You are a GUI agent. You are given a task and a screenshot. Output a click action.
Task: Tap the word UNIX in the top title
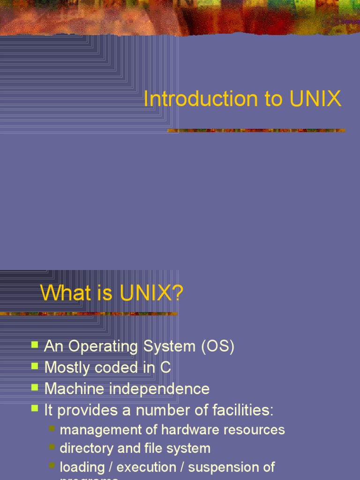[x=315, y=99]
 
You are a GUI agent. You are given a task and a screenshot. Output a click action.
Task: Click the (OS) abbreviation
[x=217, y=347]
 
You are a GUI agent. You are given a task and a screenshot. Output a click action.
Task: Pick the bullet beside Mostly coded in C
[x=35, y=366]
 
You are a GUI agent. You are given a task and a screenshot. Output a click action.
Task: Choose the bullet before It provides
[x=35, y=408]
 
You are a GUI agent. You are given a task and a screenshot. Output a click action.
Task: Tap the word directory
[x=87, y=449]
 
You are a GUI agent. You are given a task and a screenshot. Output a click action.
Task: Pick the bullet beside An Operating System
[x=35, y=345]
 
